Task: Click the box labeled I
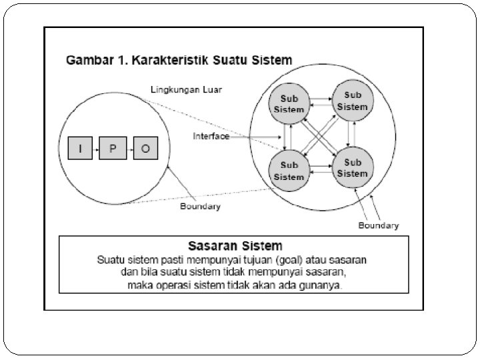81,149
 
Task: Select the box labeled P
113,149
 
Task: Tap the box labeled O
145,149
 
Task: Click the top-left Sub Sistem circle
288,104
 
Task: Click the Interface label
211,136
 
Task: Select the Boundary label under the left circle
200,207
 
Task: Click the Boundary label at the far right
379,225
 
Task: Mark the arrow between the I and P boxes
97,149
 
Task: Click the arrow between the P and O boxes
129,149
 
